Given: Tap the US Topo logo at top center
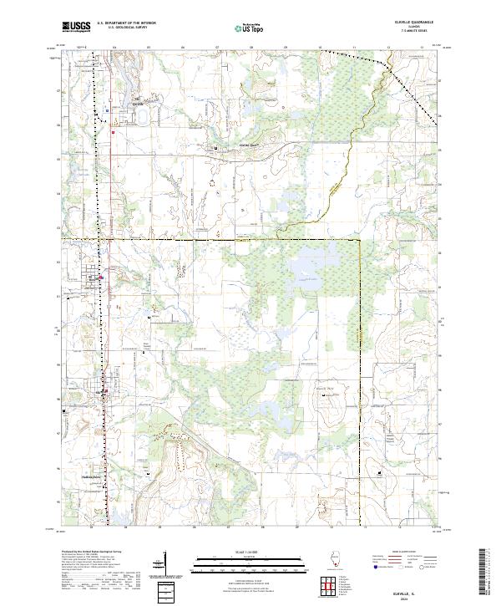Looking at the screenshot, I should (x=250, y=28).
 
